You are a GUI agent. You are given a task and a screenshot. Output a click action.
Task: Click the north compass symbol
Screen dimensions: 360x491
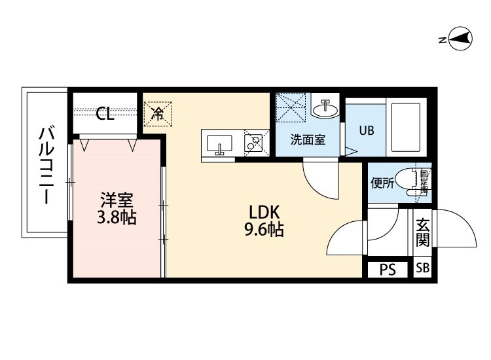(x=461, y=39)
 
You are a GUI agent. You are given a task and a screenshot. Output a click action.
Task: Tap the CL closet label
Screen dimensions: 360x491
(x=105, y=114)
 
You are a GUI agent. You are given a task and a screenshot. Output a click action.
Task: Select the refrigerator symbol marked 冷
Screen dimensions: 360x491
(x=158, y=113)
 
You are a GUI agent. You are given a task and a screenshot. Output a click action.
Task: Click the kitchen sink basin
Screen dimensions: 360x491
(x=219, y=143)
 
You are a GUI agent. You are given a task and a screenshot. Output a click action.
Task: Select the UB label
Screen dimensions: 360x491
(x=366, y=130)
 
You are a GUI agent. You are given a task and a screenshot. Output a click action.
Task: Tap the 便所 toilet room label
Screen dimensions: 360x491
(x=383, y=183)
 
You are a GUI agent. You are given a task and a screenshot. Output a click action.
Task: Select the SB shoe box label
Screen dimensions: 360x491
(x=423, y=269)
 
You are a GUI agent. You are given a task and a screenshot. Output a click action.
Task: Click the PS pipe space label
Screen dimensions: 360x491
(x=388, y=270)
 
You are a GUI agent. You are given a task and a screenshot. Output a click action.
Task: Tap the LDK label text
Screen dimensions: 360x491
(x=264, y=213)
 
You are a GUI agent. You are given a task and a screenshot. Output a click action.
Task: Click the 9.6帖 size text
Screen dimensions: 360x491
(x=264, y=230)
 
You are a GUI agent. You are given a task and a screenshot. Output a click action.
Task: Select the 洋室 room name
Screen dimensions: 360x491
(x=117, y=198)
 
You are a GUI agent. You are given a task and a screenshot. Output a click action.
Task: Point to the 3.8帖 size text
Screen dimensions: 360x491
(x=117, y=217)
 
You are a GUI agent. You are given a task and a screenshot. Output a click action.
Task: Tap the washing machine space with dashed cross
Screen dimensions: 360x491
(x=291, y=107)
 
